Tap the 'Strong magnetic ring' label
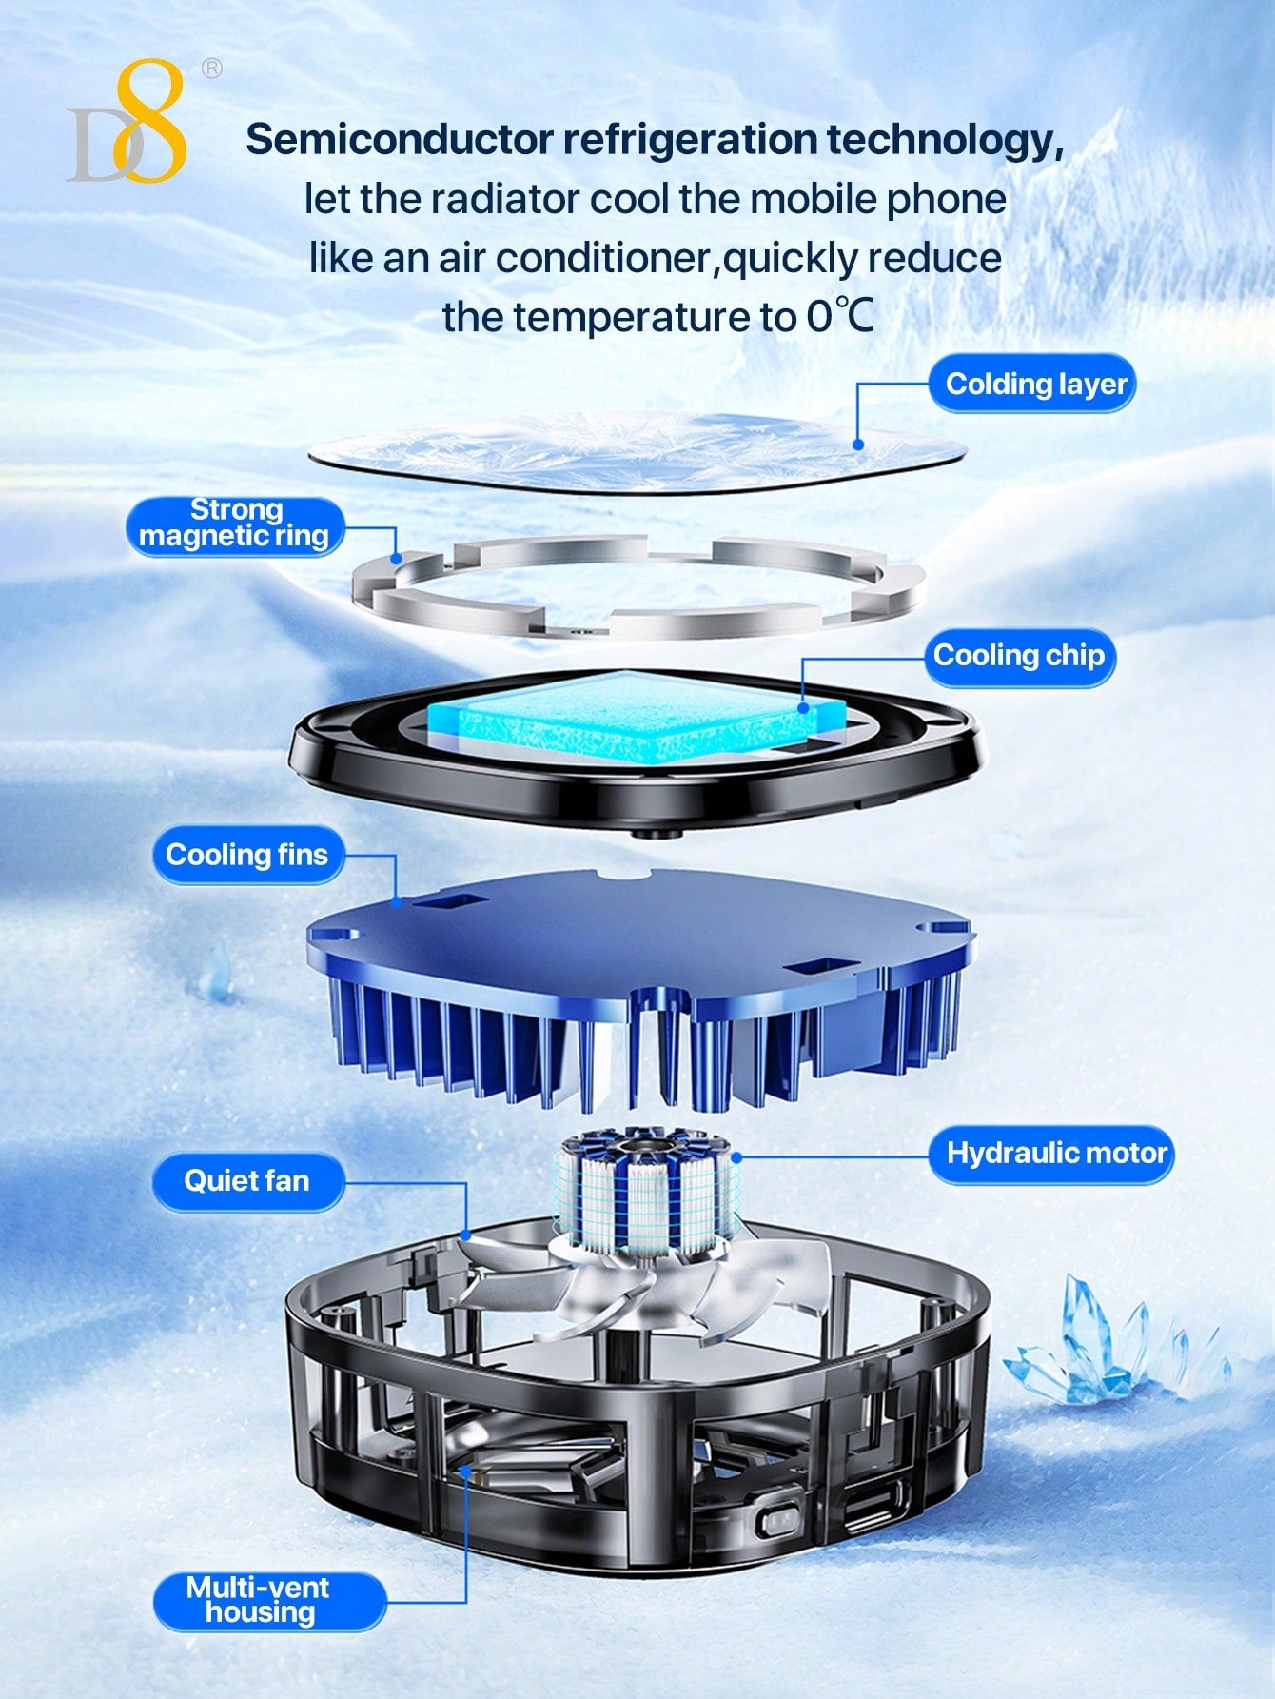pyautogui.click(x=234, y=524)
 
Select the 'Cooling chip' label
pyautogui.click(x=1019, y=656)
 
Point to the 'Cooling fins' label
pyautogui.click(x=247, y=855)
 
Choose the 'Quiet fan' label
pyautogui.click(x=247, y=1181)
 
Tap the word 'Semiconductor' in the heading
pyautogui.click(x=400, y=140)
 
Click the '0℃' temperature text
pyautogui.click(x=840, y=316)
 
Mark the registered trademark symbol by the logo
pyautogui.click(x=211, y=69)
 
